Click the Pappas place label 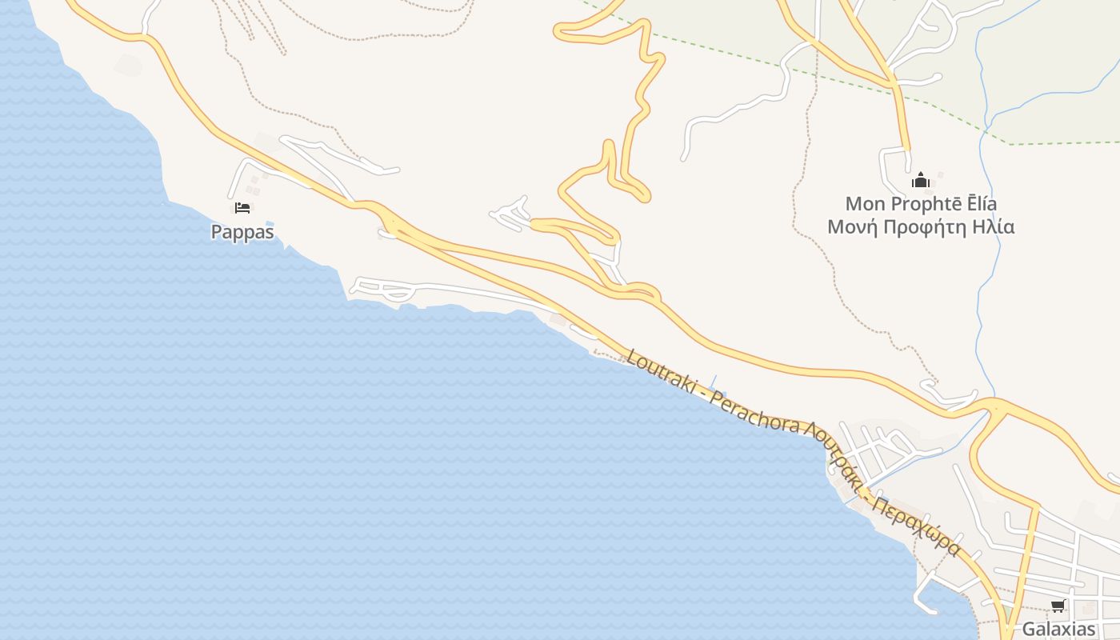(242, 232)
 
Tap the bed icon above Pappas (242, 208)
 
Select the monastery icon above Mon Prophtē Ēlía (920, 180)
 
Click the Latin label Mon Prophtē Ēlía (921, 204)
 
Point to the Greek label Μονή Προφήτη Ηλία (921, 227)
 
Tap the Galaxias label (1058, 629)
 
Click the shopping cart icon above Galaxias (1058, 606)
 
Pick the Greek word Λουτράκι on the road (836, 456)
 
